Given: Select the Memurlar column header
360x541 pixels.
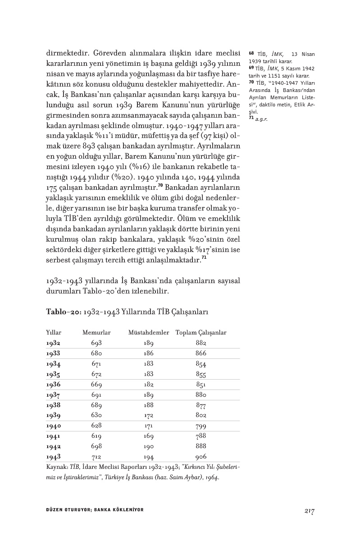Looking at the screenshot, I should tap(96, 333).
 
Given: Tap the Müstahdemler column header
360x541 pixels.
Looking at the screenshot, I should tap(149, 333).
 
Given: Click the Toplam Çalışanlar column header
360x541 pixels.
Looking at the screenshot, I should tap(201, 333).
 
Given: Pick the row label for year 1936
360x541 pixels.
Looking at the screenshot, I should tap(53, 385).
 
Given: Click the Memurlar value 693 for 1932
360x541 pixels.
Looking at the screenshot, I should tap(96, 343).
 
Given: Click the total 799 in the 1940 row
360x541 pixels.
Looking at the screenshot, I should tap(201, 426).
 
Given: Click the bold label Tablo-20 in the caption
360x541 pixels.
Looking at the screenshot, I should tap(60, 312).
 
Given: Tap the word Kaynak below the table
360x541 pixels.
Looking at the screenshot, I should tap(57, 468).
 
